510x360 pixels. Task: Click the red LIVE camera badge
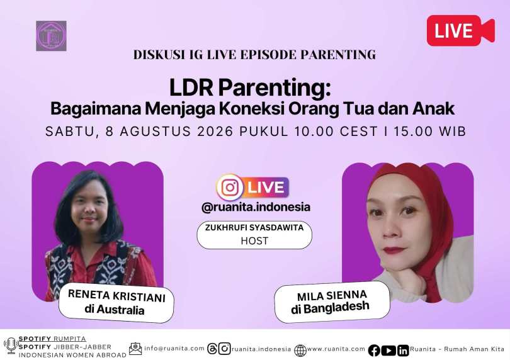(x=460, y=30)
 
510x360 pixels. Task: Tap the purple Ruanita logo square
(x=51, y=36)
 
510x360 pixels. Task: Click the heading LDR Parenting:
(x=250, y=88)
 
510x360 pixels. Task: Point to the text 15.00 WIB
(x=430, y=132)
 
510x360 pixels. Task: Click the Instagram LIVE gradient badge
(x=252, y=188)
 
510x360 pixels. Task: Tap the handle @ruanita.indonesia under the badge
(x=256, y=207)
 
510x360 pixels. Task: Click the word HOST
(x=254, y=241)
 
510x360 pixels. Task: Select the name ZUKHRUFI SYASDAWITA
(x=254, y=227)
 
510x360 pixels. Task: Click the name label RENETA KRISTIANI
(x=116, y=296)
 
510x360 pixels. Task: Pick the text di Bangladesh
(x=330, y=308)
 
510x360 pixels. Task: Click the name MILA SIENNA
(x=332, y=296)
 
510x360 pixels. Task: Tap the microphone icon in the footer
(x=11, y=346)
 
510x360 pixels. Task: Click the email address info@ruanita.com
(x=174, y=348)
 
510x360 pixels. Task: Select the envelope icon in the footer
(x=135, y=349)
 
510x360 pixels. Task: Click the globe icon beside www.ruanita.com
(x=300, y=350)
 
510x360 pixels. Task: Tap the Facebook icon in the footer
(x=374, y=350)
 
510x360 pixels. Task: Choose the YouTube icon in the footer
(x=388, y=350)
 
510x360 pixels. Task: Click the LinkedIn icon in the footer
(x=403, y=350)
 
